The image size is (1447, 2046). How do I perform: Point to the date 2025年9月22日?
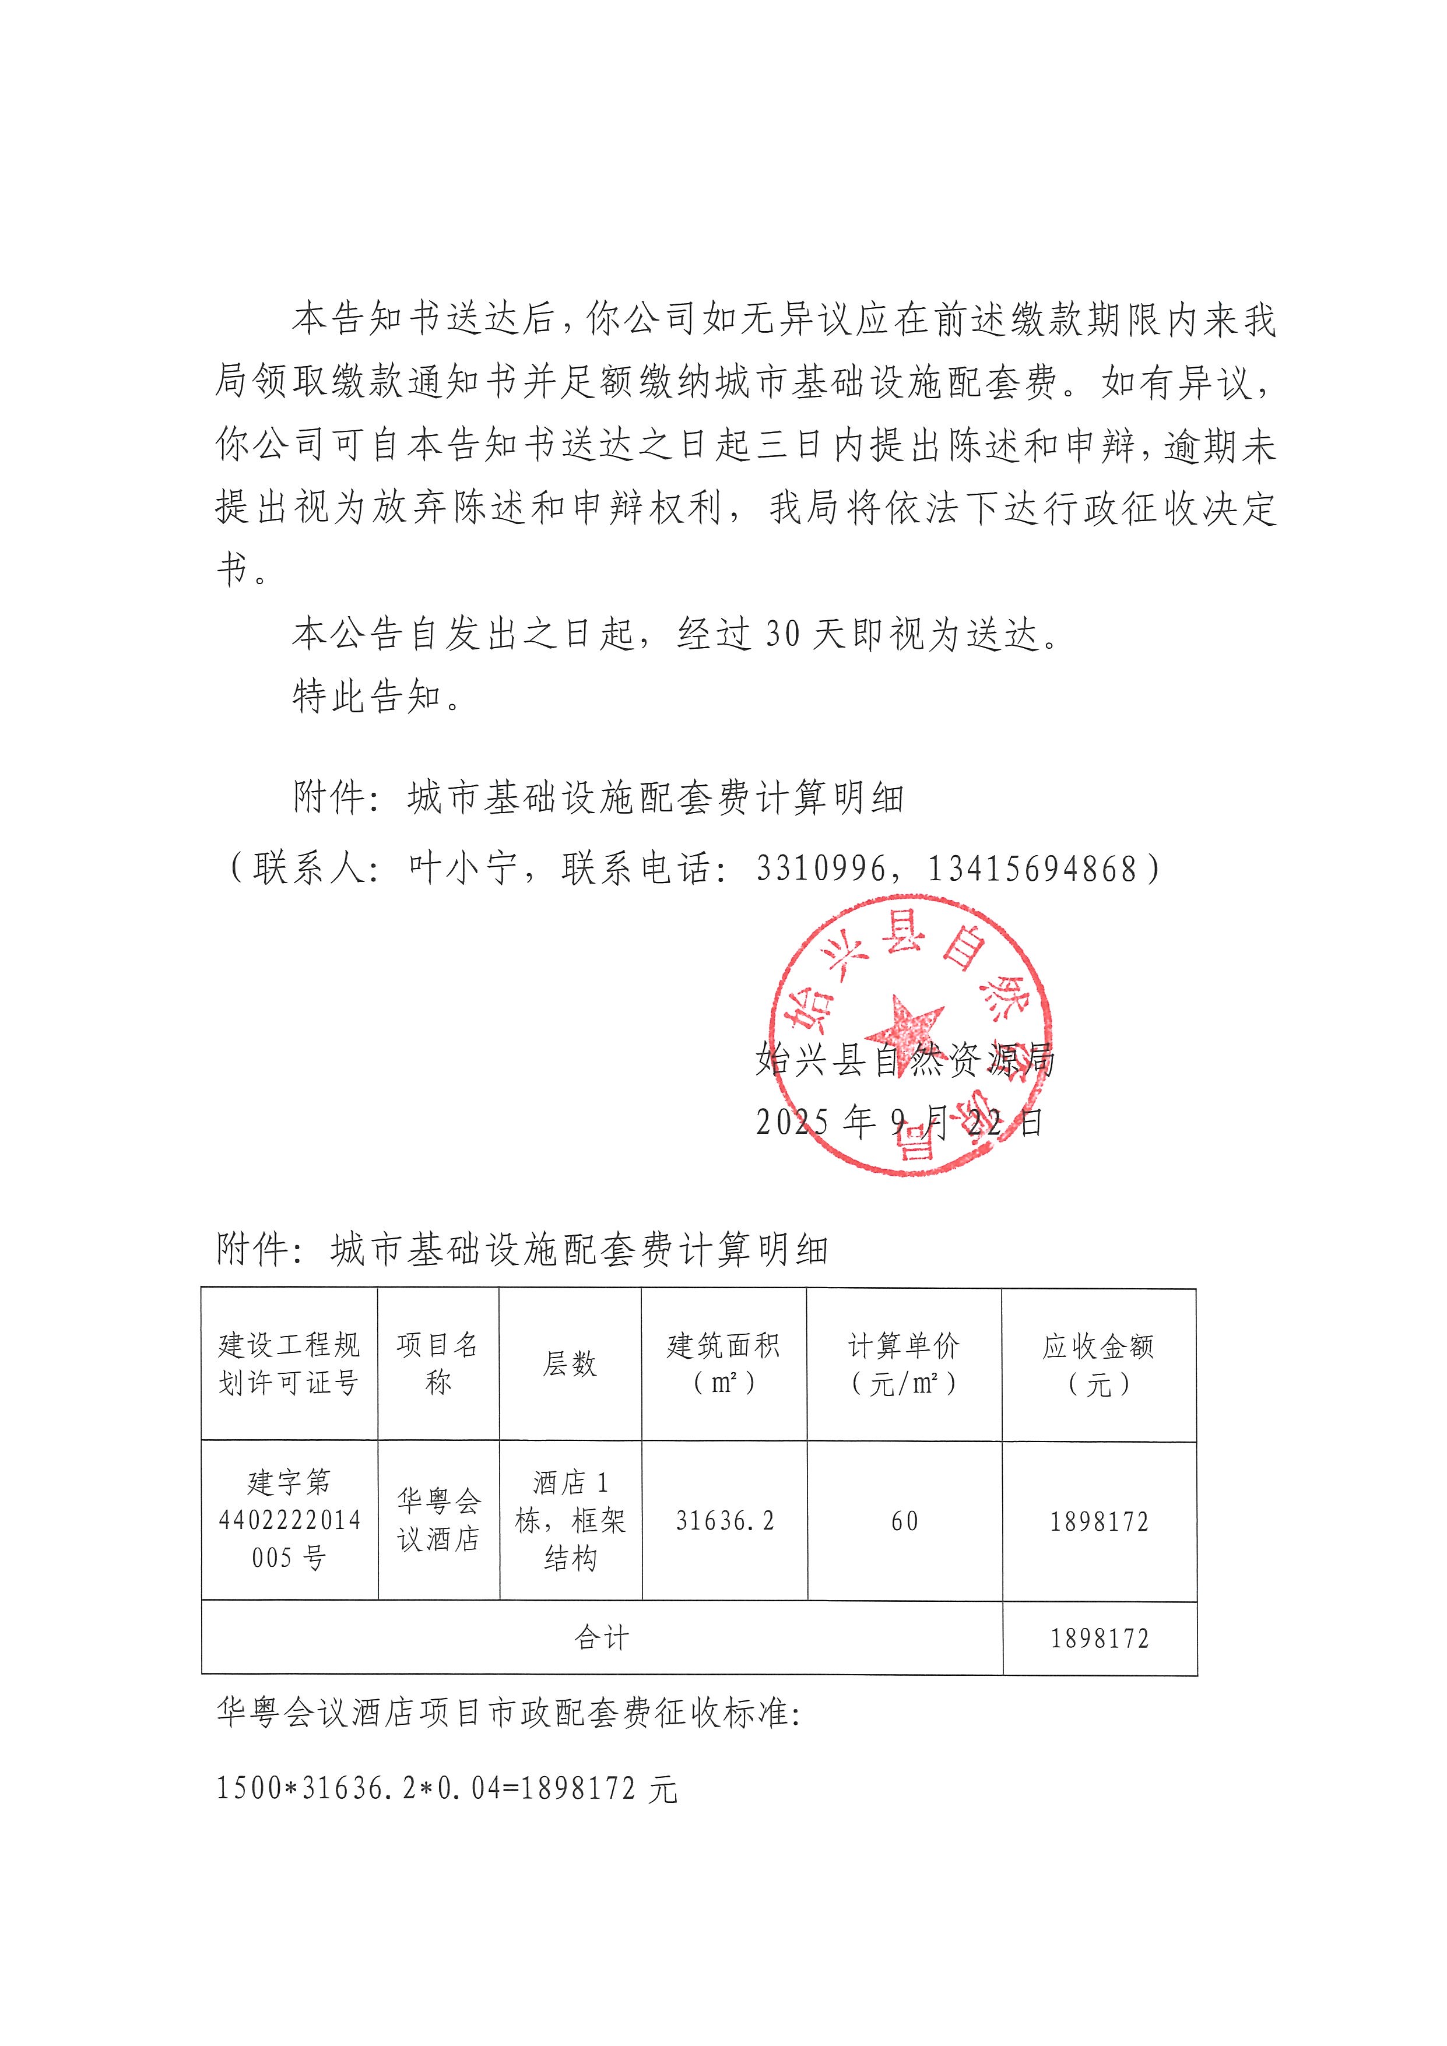[898, 1122]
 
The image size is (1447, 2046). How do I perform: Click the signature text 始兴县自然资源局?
[904, 1060]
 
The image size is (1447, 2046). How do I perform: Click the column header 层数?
[570, 1363]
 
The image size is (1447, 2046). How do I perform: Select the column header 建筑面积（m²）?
[723, 1363]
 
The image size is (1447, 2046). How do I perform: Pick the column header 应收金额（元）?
[1098, 1363]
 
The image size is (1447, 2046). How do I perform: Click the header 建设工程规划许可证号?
[289, 1363]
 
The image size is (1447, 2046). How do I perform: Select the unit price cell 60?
[904, 1521]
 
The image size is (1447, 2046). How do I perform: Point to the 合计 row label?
[602, 1638]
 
